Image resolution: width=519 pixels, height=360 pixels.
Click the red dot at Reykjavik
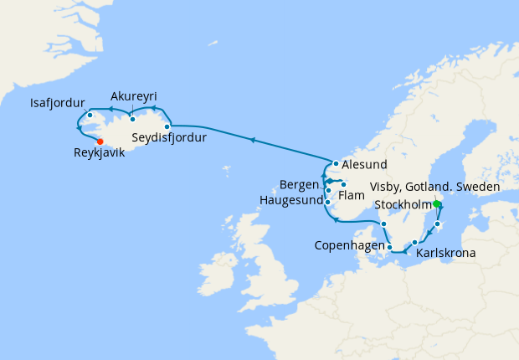click(x=100, y=141)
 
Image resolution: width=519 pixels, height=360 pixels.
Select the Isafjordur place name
click(x=58, y=104)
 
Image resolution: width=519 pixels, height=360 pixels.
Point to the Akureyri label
click(x=133, y=95)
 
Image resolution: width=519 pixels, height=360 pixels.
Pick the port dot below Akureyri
click(x=132, y=119)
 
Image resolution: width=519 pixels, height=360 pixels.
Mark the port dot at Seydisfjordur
click(x=167, y=127)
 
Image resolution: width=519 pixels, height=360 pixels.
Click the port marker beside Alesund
click(x=336, y=164)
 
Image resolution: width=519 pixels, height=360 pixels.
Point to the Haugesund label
click(x=291, y=202)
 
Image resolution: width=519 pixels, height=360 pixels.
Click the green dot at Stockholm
click(x=437, y=203)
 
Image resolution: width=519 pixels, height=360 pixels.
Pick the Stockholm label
click(x=403, y=203)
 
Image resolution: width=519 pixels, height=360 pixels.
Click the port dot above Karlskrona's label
click(x=414, y=242)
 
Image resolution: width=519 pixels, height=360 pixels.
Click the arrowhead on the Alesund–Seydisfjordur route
click(x=253, y=140)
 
